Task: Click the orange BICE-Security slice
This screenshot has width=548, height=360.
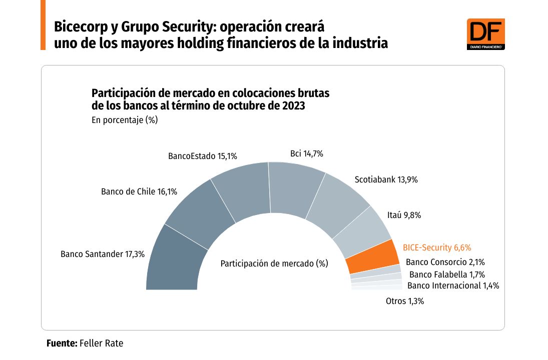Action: (371, 256)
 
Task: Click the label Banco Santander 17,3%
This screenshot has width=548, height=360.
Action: (103, 254)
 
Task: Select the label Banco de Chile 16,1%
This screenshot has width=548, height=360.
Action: (139, 191)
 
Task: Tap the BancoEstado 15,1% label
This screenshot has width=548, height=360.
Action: (202, 156)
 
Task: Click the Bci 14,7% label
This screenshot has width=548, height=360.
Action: (307, 154)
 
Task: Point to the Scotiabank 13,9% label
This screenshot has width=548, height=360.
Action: (386, 179)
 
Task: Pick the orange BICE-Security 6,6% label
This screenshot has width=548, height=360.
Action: (437, 247)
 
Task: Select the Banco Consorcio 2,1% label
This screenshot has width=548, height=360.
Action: (445, 261)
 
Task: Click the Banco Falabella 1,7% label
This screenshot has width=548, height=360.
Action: (447, 274)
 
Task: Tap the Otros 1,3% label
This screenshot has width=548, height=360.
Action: (405, 301)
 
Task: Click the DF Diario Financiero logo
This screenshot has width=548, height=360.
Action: (485, 33)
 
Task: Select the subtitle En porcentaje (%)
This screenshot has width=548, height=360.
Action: (125, 120)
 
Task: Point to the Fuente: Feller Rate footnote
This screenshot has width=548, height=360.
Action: (85, 343)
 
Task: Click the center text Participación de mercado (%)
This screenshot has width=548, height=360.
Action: (274, 263)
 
